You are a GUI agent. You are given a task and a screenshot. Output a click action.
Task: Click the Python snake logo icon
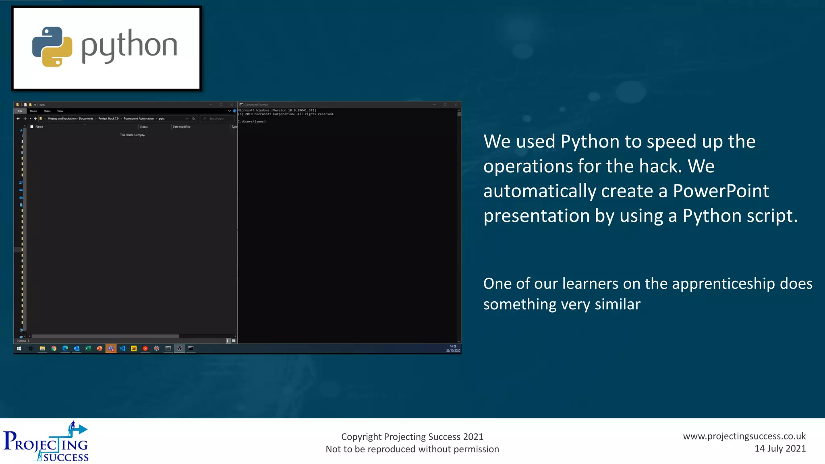point(52,47)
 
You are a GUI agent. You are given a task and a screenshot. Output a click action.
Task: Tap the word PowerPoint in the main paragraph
point(721,191)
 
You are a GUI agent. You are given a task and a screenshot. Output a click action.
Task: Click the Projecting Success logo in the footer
point(46,441)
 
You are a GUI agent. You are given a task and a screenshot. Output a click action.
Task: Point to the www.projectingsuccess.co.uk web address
point(744,436)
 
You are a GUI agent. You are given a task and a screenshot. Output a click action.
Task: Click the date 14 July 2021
point(780,449)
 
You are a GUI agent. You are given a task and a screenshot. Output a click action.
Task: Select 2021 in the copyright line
point(473,437)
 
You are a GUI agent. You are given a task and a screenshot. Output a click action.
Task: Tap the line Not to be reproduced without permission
point(412,449)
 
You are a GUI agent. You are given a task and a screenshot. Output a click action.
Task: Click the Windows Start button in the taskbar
point(19,348)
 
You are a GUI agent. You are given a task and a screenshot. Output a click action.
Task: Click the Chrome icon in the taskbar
point(54,348)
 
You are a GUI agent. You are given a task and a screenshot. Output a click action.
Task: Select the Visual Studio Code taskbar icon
point(122,348)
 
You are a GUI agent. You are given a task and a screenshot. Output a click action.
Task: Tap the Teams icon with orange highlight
point(111,348)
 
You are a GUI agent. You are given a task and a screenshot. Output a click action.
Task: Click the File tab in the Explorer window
point(20,111)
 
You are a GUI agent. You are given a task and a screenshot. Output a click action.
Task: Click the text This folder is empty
point(132,135)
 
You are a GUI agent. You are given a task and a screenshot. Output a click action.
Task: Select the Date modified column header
point(181,127)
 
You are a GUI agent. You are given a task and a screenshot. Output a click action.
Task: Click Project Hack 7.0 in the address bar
point(108,119)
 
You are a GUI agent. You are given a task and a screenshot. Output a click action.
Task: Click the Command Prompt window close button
point(456,105)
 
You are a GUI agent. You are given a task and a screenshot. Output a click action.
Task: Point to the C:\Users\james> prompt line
point(252,122)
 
